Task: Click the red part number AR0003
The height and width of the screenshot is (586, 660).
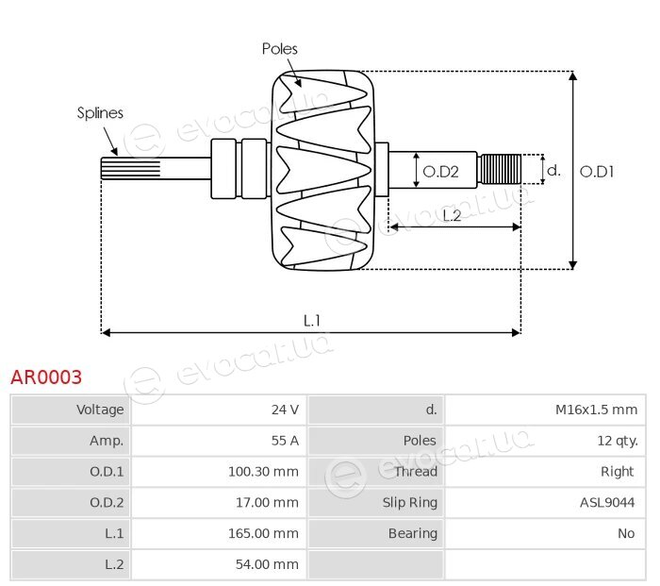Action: pyautogui.click(x=46, y=377)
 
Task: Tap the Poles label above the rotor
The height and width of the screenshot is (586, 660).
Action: pyautogui.click(x=279, y=49)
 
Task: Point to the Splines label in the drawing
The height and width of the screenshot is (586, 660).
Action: pyautogui.click(x=100, y=113)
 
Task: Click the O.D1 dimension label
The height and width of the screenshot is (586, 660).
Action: pyautogui.click(x=597, y=172)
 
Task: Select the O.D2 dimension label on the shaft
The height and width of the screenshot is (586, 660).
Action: pyautogui.click(x=440, y=172)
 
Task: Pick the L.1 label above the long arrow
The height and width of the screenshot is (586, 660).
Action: pyautogui.click(x=312, y=321)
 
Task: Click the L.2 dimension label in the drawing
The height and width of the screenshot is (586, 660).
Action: pyautogui.click(x=452, y=216)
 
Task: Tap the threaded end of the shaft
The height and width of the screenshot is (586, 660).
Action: pyautogui.click(x=501, y=169)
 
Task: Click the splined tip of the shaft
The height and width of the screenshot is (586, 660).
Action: pyautogui.click(x=130, y=169)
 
